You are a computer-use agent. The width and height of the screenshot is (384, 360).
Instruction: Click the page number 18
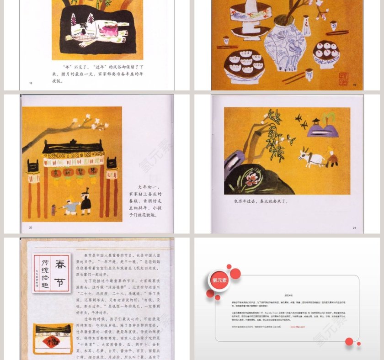click(x=31, y=83)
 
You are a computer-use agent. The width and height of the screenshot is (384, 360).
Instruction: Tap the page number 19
click(x=354, y=85)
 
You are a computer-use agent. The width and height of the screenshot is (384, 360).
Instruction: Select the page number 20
click(x=31, y=227)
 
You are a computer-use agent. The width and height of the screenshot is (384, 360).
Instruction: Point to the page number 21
click(x=354, y=227)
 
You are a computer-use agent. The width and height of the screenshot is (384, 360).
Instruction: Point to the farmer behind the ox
click(x=333, y=156)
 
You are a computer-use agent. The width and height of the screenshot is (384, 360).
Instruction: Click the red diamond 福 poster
click(x=50, y=342)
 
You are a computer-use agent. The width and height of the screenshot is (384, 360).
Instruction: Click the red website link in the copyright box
click(x=298, y=327)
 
